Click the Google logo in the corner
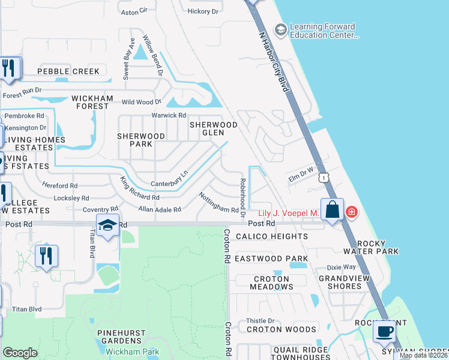pos(20,353)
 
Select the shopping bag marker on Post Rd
pos(331,210)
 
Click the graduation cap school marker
pos(107,225)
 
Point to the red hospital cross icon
pos(351,212)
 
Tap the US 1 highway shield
pos(324,178)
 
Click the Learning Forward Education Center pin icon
pos(280,29)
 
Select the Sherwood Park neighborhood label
pos(141,140)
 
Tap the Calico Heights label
pos(271,236)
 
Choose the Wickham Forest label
pos(90,102)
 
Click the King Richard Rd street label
pos(139,188)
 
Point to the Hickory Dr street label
pos(203,11)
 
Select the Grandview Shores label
pos(348,282)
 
